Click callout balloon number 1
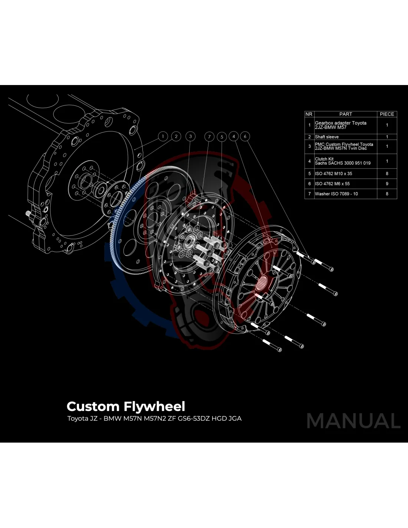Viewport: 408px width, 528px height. (163, 136)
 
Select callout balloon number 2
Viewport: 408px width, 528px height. (176, 136)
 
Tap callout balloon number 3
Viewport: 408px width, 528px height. (190, 136)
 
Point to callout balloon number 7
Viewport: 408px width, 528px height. (209, 137)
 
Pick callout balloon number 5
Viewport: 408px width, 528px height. (222, 137)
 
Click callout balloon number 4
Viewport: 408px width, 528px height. (234, 136)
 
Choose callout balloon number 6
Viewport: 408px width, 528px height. (245, 136)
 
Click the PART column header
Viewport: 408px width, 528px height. (345, 114)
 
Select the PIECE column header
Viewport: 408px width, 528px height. (387, 114)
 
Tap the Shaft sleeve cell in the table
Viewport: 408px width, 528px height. (327, 137)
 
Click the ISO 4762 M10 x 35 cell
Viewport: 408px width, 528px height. (333, 173)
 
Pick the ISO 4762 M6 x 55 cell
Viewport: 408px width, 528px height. (332, 183)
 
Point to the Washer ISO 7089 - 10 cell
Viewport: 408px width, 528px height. (336, 193)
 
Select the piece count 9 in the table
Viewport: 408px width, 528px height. (387, 183)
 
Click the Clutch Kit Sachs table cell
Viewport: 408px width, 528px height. (342, 161)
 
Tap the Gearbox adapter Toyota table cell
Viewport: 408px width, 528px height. (340, 125)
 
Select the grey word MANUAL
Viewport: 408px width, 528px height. (353, 421)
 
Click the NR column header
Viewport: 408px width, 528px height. (309, 114)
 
